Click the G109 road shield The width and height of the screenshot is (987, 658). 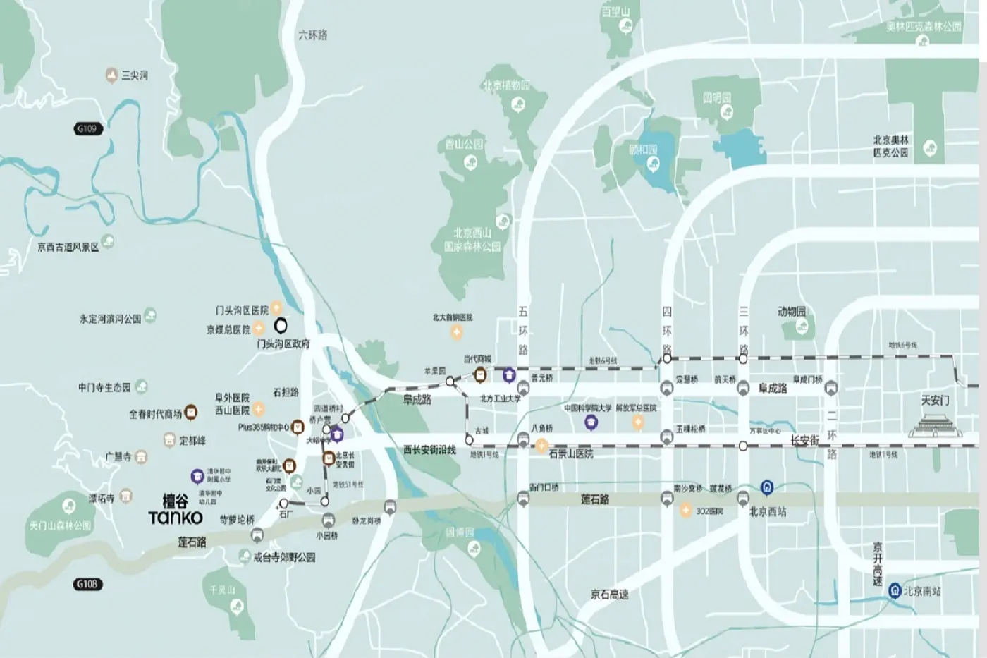(87, 128)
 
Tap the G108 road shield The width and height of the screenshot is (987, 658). (87, 584)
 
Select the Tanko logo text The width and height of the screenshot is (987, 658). (176, 517)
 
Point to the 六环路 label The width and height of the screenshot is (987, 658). (312, 35)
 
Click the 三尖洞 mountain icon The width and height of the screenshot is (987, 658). (111, 75)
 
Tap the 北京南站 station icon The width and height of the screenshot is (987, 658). (895, 590)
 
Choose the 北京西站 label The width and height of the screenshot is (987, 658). (767, 511)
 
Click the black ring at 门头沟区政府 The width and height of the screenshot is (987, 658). (281, 326)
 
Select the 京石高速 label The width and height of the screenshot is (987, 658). (610, 595)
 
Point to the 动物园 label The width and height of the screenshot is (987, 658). (792, 311)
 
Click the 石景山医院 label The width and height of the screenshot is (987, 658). (571, 453)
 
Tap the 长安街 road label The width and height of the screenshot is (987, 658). (804, 441)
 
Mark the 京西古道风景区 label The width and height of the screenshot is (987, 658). (68, 247)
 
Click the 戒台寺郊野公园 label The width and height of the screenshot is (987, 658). (284, 557)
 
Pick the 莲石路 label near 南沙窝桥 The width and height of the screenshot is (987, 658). (594, 499)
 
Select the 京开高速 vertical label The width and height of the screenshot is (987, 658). (878, 563)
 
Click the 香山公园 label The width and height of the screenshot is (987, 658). (465, 144)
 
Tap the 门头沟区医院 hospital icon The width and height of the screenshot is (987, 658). (277, 308)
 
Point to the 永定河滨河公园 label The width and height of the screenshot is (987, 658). (110, 319)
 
